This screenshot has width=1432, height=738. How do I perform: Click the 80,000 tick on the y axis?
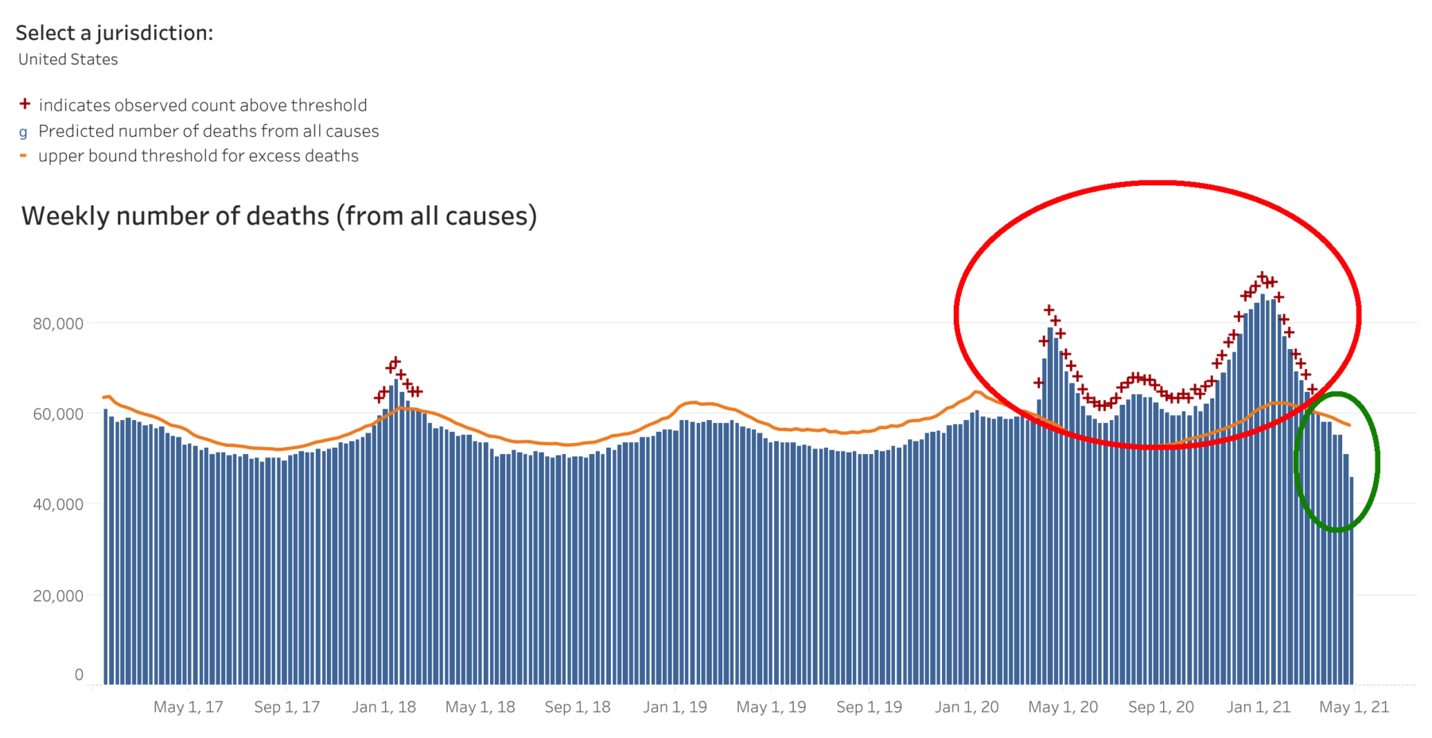coord(57,324)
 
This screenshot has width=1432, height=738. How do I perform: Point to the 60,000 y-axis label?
coord(57,414)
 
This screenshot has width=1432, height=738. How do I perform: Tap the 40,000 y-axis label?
coord(57,504)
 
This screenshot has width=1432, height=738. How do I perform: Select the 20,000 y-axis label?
coord(57,596)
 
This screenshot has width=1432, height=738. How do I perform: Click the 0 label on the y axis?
coord(79,674)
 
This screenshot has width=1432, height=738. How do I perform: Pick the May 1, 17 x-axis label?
coord(188,707)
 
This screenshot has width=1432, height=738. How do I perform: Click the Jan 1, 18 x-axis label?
coord(383,707)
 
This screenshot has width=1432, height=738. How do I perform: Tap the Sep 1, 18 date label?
coord(578,707)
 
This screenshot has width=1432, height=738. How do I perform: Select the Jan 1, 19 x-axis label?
coord(675,707)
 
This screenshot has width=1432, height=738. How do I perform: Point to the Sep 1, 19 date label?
coord(869,707)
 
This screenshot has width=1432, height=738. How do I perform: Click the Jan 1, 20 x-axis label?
coord(967,707)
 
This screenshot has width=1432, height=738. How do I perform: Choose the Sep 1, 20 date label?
coord(1161,707)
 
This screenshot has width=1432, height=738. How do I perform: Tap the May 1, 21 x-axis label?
coord(1354,707)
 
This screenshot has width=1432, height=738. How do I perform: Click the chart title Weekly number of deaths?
coord(278,216)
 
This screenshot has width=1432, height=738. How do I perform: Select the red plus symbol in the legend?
coord(25,104)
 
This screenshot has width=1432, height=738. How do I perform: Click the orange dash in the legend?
coord(23,156)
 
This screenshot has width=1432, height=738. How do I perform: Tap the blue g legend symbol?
coord(23,132)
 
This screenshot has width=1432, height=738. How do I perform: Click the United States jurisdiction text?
coord(68,60)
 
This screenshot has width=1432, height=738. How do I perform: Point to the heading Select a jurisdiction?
coord(114,33)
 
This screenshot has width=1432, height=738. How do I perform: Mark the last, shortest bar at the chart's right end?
coord(1352,581)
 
